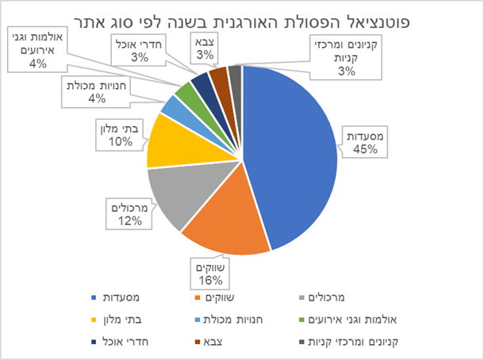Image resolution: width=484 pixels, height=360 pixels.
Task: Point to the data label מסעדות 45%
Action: tap(366, 143)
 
